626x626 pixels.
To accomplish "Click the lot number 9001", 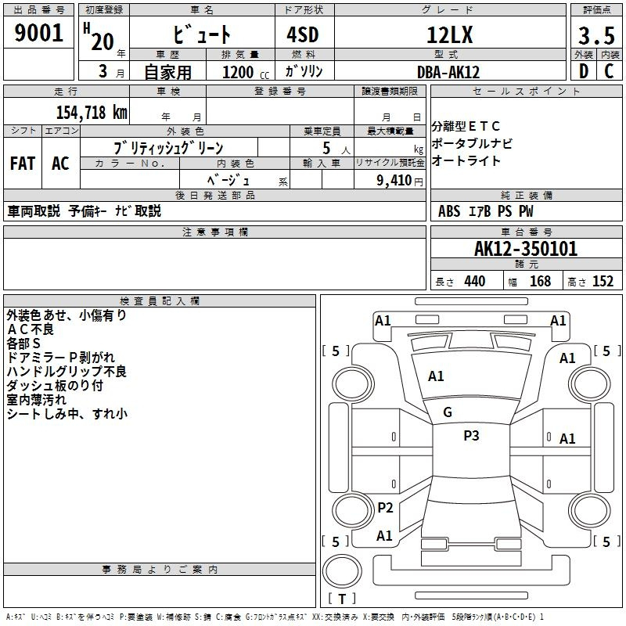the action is click(38, 33).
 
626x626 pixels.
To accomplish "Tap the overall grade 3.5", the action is click(596, 35).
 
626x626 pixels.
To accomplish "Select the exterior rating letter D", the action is click(584, 71).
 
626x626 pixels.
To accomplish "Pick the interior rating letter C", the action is click(609, 71).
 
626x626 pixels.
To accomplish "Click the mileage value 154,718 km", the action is click(92, 112).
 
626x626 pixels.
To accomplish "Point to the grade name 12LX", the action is click(449, 35).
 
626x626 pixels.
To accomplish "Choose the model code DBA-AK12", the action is click(448, 72).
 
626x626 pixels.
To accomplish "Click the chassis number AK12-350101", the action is click(526, 249).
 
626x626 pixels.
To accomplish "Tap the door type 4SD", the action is click(303, 34).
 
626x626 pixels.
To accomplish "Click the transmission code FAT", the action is click(23, 164).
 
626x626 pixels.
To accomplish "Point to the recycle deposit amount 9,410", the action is click(394, 180).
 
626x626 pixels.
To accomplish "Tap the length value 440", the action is click(475, 281).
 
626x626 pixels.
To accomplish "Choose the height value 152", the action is click(603, 281).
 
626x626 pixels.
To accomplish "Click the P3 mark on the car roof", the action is click(471, 435).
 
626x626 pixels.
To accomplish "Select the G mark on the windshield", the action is click(448, 412).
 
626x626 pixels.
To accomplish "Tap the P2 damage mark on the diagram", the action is click(385, 508).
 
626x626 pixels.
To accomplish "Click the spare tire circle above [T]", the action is click(342, 571).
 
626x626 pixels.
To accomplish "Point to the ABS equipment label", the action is click(449, 211).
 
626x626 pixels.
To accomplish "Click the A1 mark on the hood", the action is click(436, 376).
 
